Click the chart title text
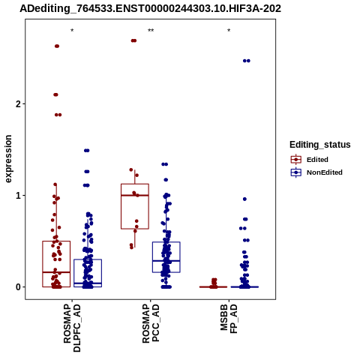(151, 9)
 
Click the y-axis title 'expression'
(8, 159)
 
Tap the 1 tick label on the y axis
(18, 195)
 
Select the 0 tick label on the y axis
(18, 287)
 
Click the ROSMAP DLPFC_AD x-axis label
(72, 328)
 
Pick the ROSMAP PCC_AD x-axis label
(151, 323)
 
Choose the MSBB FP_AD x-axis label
(229, 319)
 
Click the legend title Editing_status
(320, 145)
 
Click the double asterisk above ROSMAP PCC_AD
(151, 31)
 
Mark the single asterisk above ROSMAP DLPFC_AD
(72, 31)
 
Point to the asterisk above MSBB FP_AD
(229, 31)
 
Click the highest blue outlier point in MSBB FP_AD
(247, 61)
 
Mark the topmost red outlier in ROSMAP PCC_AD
(133, 40)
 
